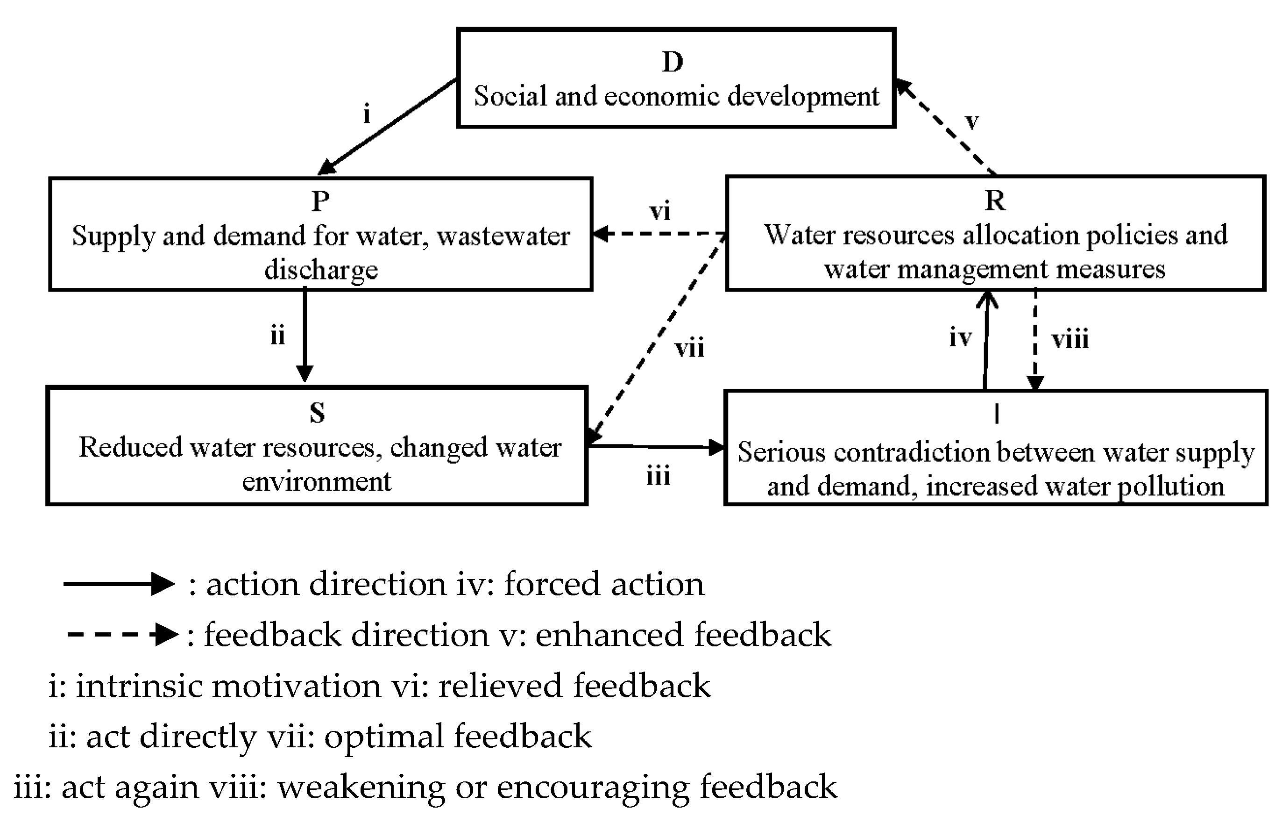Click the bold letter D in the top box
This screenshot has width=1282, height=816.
[673, 62]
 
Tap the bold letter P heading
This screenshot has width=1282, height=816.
[320, 201]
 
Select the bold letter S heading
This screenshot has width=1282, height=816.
[317, 413]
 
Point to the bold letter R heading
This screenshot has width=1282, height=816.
[994, 201]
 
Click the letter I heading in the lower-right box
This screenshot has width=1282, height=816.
[997, 414]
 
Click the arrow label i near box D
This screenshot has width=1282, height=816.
[366, 114]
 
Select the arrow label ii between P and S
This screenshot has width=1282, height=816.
[277, 336]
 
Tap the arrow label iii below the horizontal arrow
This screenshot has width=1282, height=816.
[658, 476]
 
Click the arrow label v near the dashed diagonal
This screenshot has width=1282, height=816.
[972, 122]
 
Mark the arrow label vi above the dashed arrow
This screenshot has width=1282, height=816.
[659, 211]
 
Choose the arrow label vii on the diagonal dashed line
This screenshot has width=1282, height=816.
[689, 348]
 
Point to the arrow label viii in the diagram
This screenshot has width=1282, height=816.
[1070, 339]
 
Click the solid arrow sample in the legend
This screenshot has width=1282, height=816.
[119, 584]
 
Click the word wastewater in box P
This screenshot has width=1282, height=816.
[503, 236]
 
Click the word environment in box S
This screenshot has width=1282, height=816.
[317, 481]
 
